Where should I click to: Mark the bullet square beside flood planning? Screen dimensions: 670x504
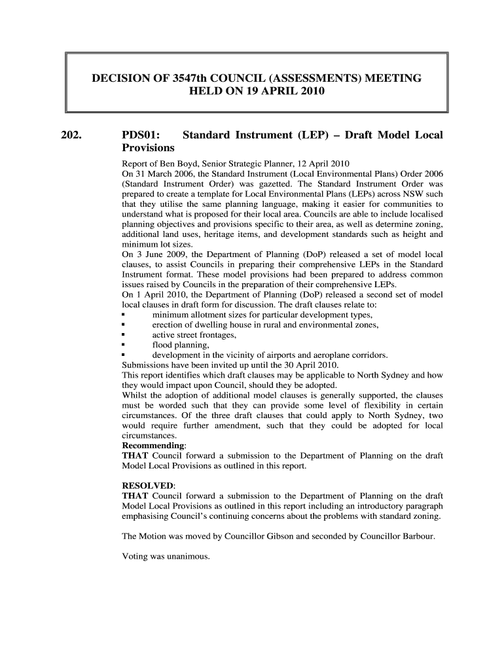124,345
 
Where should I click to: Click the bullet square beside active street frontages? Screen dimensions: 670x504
124,335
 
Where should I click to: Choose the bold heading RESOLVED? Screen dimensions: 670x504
148,486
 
